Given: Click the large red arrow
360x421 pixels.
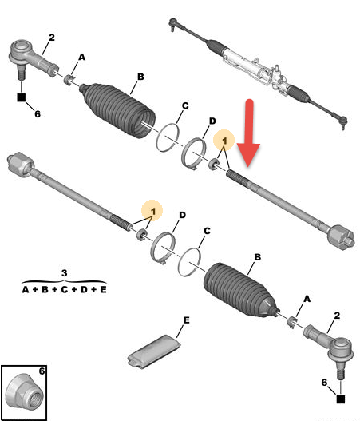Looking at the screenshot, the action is click(249, 133).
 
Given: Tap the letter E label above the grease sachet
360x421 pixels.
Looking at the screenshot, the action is click(186, 320).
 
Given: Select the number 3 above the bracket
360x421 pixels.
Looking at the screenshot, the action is click(65, 273).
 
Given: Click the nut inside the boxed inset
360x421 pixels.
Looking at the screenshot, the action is click(25, 392).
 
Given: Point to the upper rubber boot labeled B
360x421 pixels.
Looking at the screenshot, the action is click(118, 110).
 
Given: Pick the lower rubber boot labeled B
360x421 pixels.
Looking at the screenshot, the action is click(241, 291).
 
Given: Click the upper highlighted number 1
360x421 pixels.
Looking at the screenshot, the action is click(224, 141).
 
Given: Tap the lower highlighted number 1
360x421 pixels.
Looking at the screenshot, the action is click(153, 211).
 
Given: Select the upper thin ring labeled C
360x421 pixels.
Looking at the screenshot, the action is click(168, 137).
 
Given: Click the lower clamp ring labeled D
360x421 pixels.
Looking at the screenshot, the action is click(163, 248).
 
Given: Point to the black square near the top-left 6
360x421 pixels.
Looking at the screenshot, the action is click(22, 97).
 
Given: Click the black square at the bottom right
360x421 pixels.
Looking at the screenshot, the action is click(341, 399).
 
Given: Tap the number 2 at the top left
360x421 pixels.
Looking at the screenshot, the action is click(52, 38).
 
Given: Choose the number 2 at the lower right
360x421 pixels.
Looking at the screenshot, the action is click(337, 316).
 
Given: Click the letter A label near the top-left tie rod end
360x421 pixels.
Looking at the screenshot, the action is click(81, 57).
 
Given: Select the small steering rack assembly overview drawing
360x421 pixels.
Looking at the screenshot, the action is click(258, 73).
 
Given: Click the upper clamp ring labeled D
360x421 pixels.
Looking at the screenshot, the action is click(194, 153).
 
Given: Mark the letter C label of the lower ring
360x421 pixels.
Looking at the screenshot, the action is click(207, 231).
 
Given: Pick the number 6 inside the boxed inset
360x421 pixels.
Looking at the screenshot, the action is click(42, 371).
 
